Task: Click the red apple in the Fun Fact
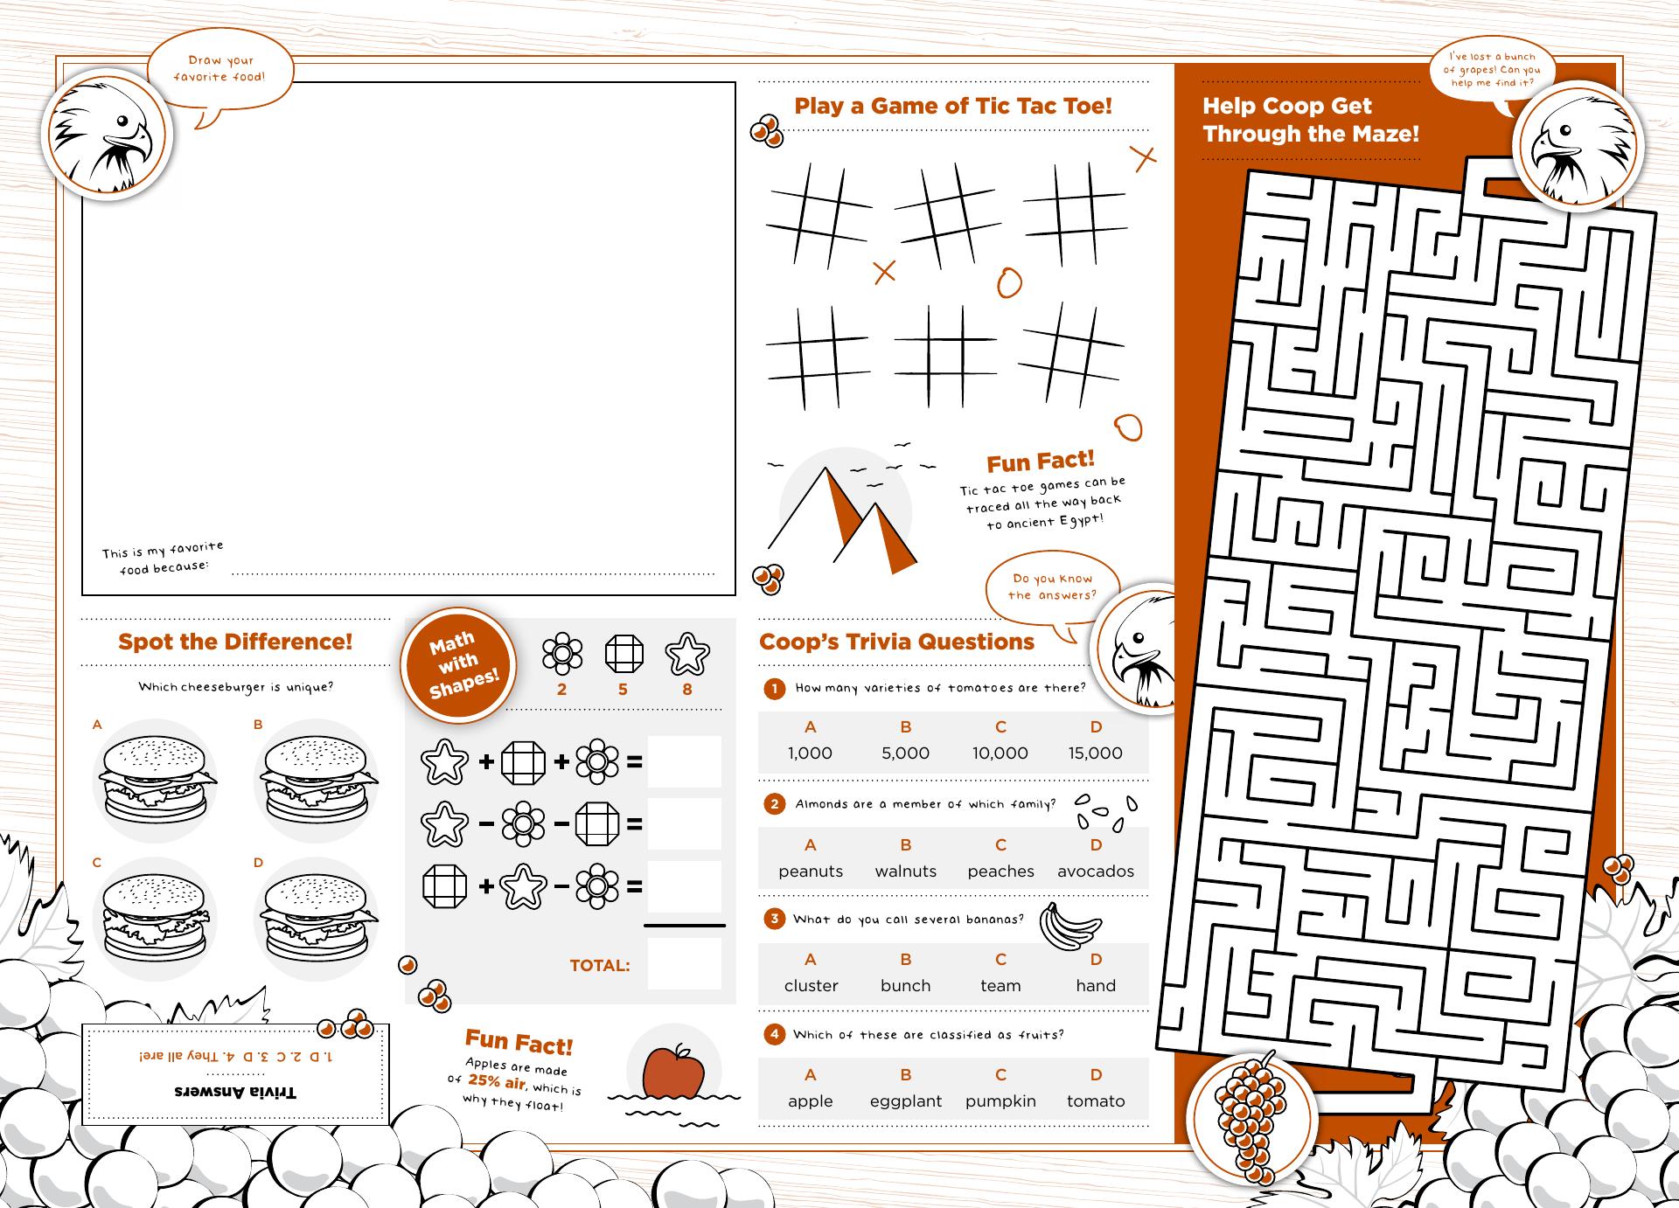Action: tap(673, 1071)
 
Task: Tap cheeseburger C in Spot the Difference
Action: tap(156, 918)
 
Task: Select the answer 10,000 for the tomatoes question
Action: tap(1000, 753)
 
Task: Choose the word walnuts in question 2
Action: tap(906, 871)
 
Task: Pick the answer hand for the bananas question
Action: tap(1096, 985)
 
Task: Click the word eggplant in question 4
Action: tap(906, 1101)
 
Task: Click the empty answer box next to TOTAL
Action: tap(685, 964)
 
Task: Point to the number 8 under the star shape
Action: tap(687, 690)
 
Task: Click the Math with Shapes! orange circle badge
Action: tap(459, 665)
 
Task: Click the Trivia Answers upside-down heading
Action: tap(235, 1093)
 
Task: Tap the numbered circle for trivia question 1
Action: tap(774, 689)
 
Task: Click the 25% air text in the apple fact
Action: tap(496, 1081)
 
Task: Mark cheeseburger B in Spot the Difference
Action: tap(316, 781)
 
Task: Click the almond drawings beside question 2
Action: tap(1105, 811)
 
